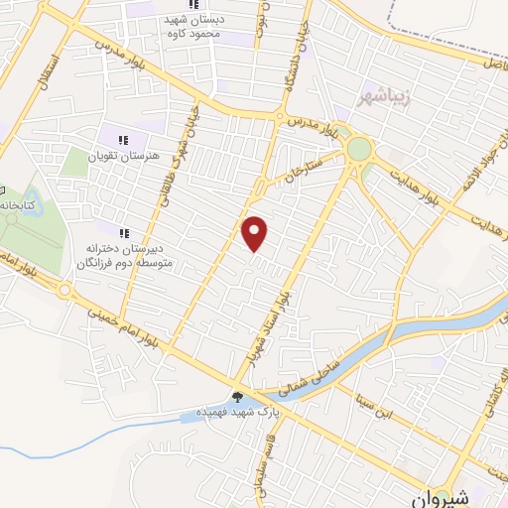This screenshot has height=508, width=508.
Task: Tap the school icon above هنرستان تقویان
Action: [125, 139]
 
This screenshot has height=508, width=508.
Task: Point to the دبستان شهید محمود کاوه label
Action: [221, 28]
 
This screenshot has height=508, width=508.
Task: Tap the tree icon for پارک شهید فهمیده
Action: [236, 397]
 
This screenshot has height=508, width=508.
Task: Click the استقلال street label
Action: [46, 71]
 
